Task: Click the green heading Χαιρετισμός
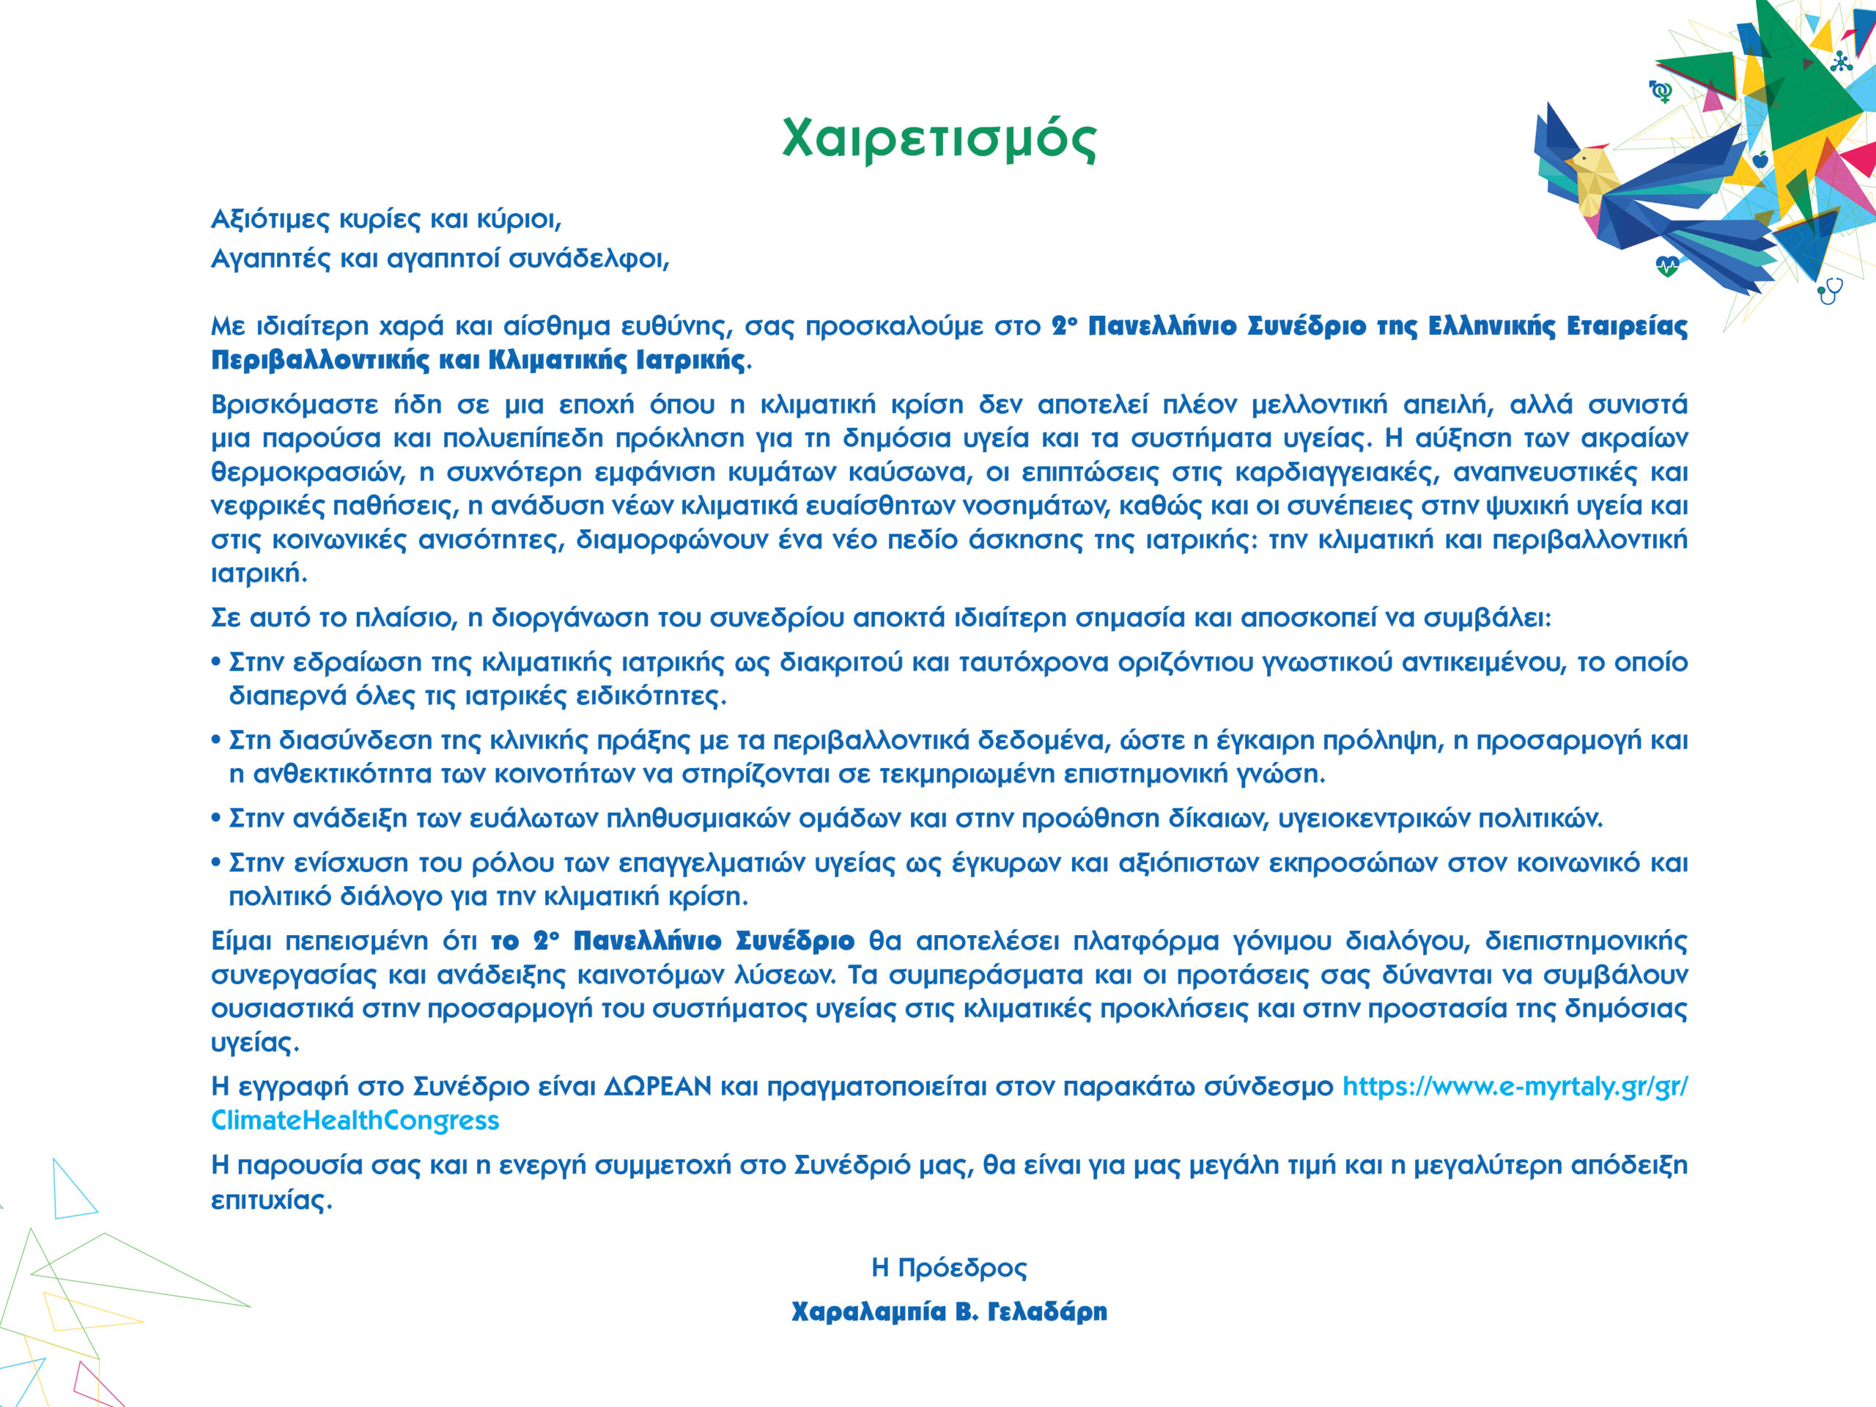938,139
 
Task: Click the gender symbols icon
1661,91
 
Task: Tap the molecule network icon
1840,61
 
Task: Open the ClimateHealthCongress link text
355,1120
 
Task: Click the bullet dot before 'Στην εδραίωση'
216,662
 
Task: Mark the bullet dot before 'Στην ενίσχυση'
216,863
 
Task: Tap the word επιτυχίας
269,1200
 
